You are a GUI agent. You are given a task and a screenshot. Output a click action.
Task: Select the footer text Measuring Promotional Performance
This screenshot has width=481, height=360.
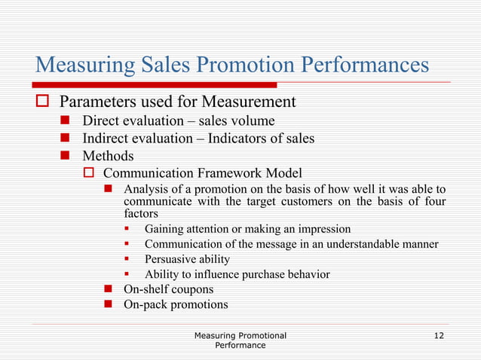click(240, 340)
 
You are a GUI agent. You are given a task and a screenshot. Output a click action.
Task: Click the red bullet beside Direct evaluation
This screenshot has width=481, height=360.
click(66, 121)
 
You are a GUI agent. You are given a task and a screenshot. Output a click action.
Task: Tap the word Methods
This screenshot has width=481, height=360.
click(108, 156)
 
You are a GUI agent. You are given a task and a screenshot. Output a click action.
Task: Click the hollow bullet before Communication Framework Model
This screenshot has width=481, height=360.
click(87, 173)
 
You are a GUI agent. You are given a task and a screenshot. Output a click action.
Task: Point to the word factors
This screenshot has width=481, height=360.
click(142, 213)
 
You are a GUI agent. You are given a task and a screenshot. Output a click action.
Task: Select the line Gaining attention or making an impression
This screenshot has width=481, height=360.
click(247, 228)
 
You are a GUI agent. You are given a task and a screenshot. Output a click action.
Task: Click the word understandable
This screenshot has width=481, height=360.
click(352, 243)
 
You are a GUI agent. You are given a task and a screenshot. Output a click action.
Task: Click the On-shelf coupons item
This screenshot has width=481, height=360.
click(168, 289)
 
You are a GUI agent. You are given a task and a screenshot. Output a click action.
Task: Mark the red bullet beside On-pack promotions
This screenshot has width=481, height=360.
click(109, 305)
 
